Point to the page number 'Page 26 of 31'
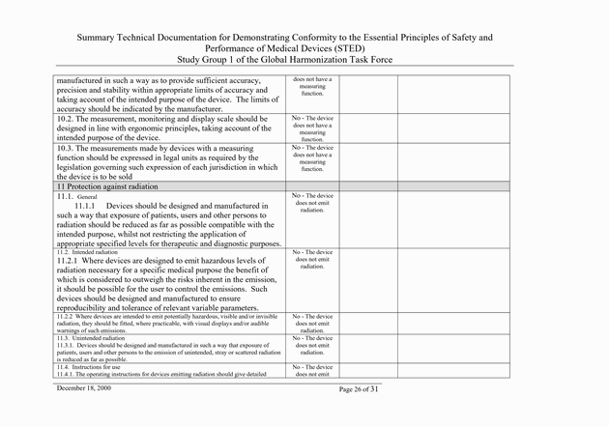371,388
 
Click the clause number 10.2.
67,118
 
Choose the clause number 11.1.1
88,206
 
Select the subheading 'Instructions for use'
101,368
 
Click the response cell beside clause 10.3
312,158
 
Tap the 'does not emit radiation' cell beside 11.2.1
312,260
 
